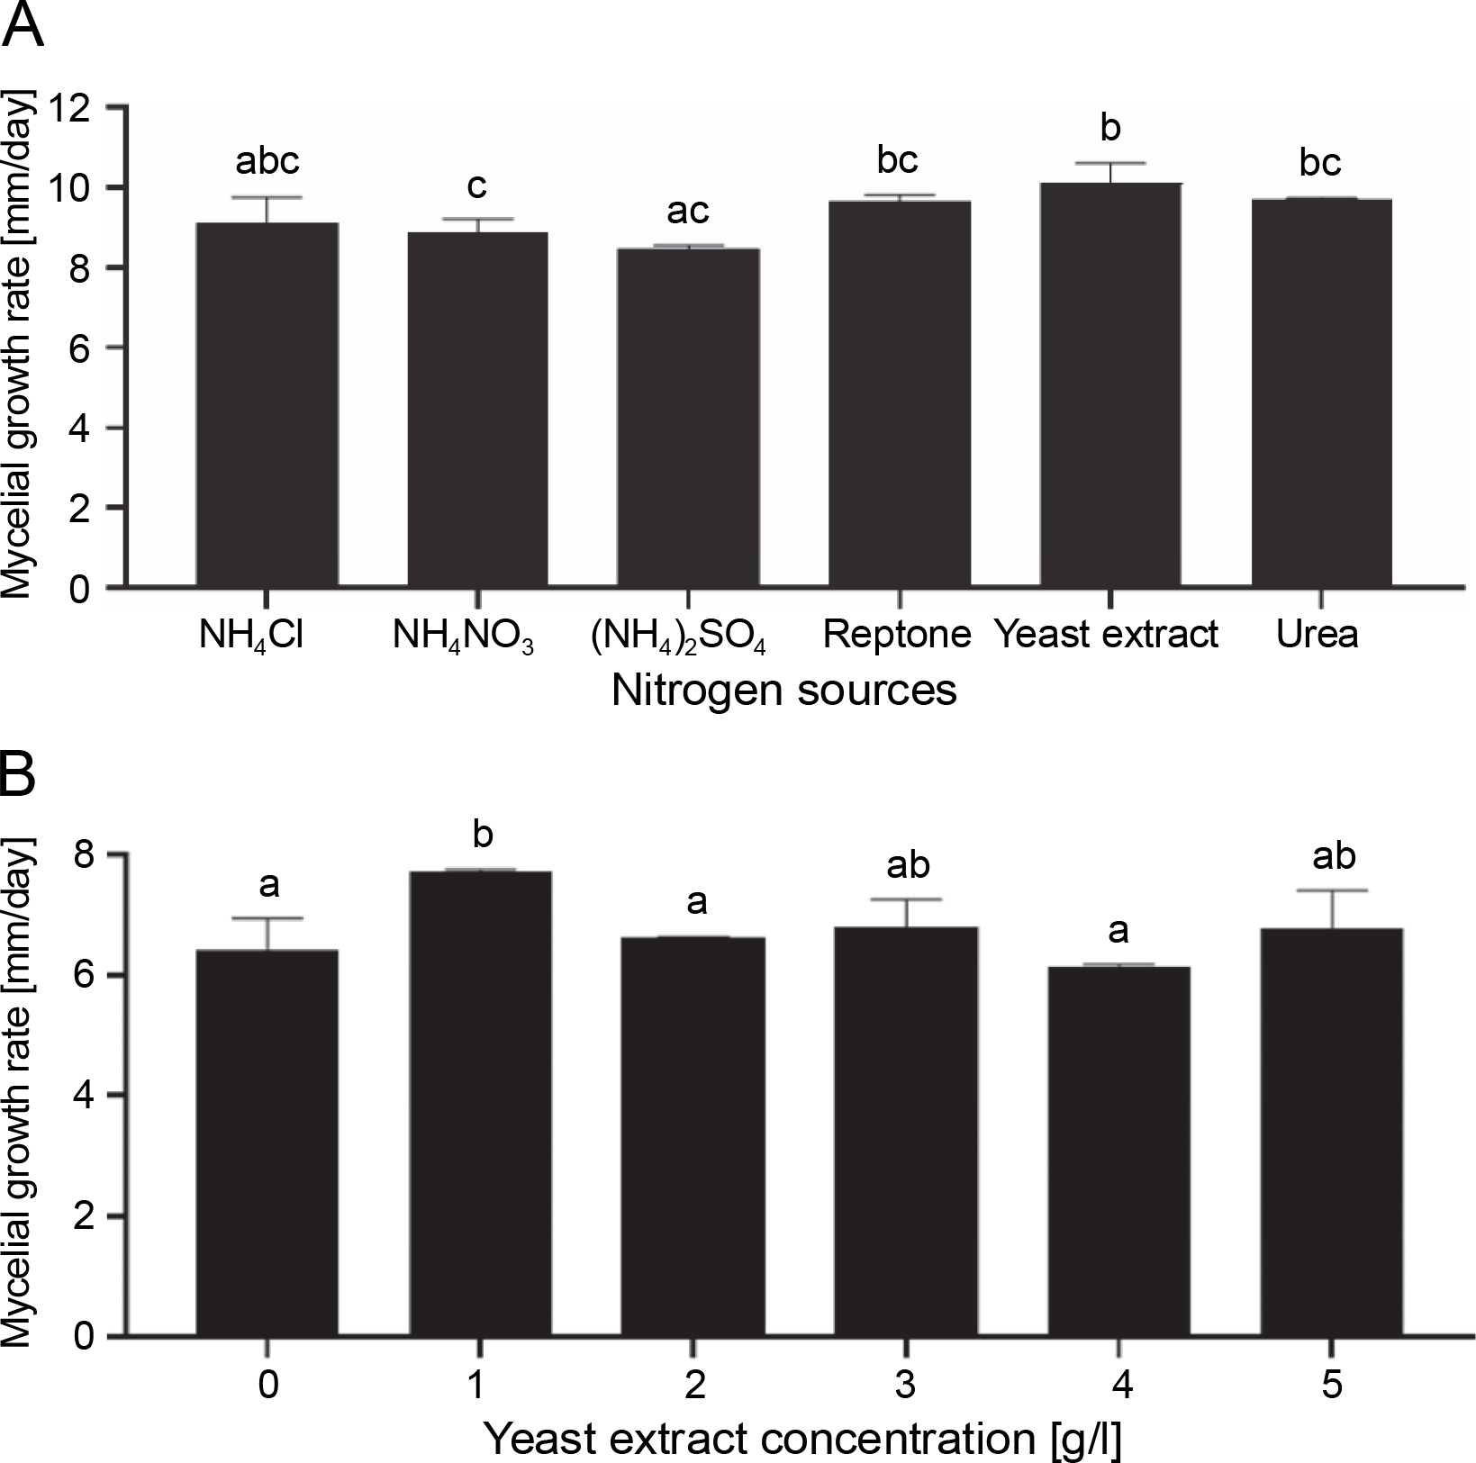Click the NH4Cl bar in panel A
click(267, 405)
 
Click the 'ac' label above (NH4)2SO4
click(688, 211)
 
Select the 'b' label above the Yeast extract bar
click(1110, 128)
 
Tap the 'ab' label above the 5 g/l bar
click(1333, 856)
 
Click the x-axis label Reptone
click(897, 635)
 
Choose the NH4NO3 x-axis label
click(463, 637)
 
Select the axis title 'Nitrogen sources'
click(783, 691)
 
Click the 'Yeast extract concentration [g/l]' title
click(802, 1438)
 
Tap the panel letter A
click(24, 27)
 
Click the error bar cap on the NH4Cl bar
click(267, 197)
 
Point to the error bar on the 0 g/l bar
click(267, 933)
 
